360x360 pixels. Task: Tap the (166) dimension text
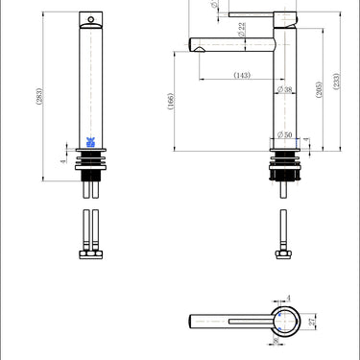171,102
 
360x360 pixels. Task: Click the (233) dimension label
335,84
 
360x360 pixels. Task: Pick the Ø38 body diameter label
285,89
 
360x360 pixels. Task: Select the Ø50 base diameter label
284,133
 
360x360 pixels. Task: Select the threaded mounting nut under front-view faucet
91,166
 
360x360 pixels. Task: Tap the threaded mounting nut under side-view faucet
284,166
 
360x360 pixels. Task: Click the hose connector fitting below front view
90,254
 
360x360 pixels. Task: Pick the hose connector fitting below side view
284,254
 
